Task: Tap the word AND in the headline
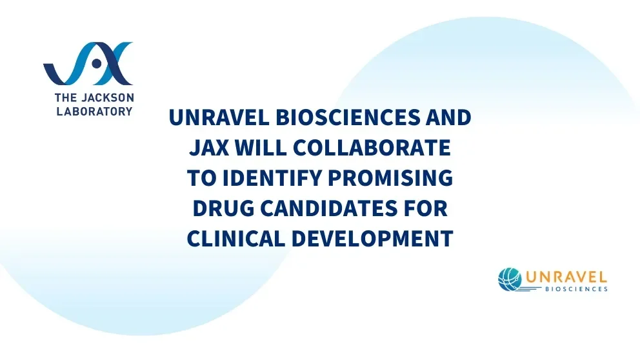click(x=448, y=119)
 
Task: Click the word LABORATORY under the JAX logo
click(x=88, y=111)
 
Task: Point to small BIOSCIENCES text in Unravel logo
click(x=575, y=290)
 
